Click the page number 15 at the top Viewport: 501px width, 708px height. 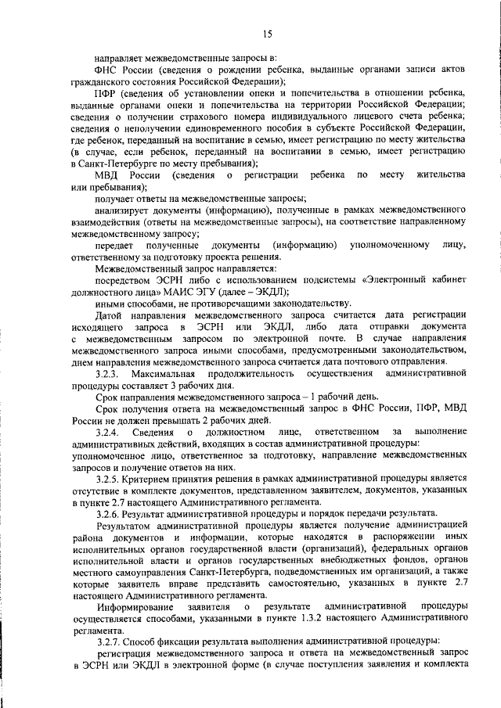[267, 33]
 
